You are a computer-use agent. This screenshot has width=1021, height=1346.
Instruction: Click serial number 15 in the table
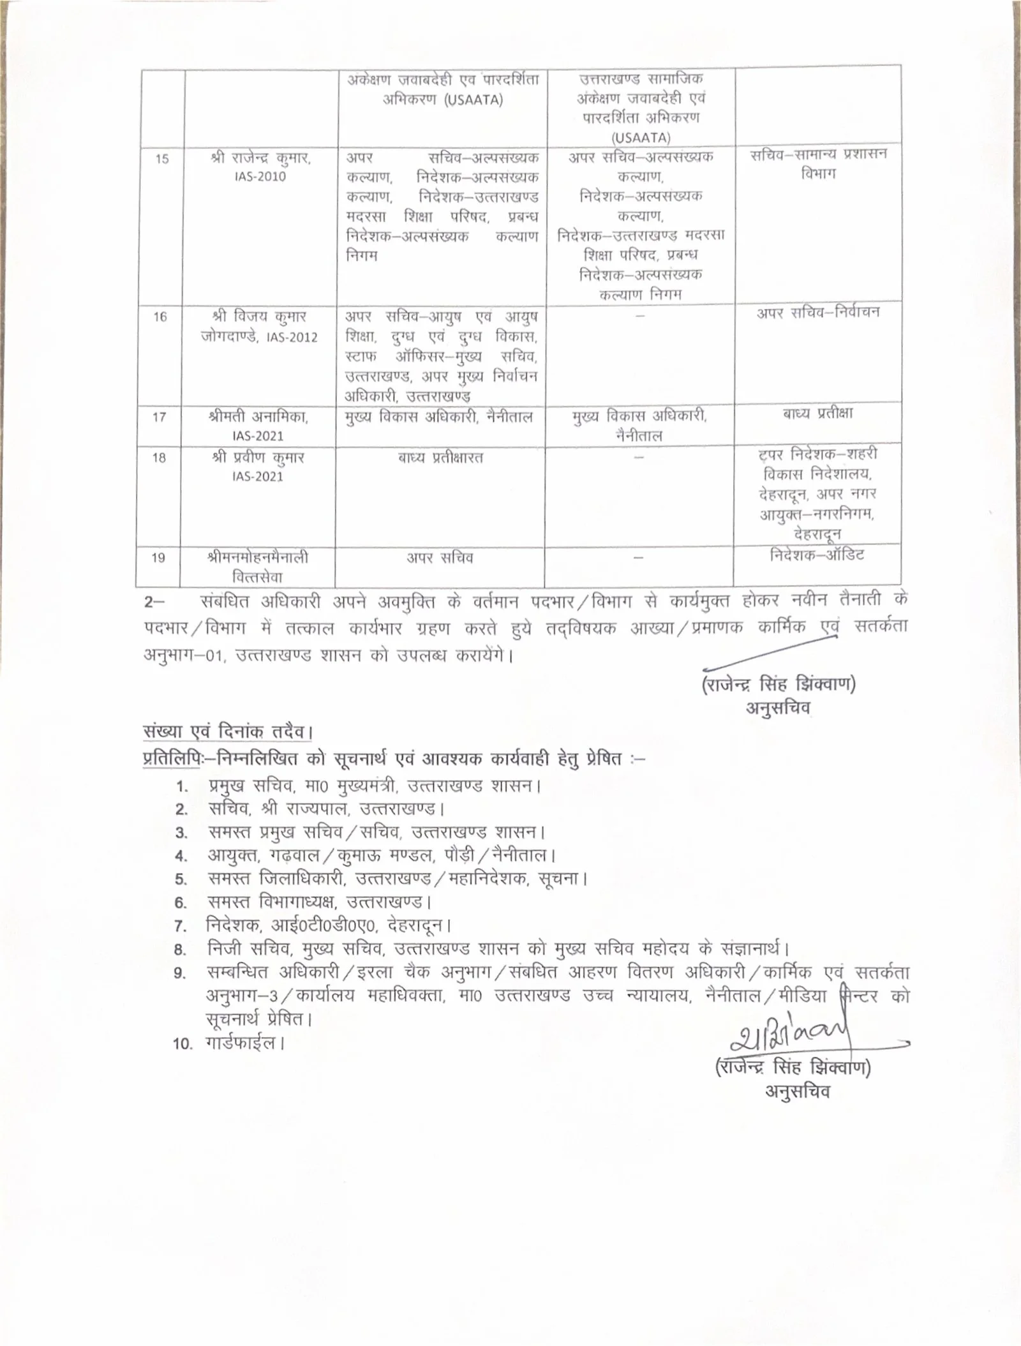pos(162,159)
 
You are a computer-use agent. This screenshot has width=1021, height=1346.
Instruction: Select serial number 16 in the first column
pos(160,317)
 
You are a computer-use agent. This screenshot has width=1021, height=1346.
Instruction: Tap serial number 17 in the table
pos(159,417)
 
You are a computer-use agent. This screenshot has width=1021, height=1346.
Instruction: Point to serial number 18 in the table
pos(159,458)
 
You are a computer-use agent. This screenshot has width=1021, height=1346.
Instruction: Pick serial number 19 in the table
pos(158,558)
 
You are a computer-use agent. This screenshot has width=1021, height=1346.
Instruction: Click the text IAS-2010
pos(259,177)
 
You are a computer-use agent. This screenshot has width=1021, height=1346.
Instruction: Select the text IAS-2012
pos(294,337)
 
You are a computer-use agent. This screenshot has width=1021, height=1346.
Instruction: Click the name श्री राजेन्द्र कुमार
pos(261,158)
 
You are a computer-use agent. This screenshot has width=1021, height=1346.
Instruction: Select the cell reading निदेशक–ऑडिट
pos(817,555)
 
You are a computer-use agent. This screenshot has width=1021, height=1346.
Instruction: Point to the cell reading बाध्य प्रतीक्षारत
pos(440,458)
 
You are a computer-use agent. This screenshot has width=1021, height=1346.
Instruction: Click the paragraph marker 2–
pos(155,602)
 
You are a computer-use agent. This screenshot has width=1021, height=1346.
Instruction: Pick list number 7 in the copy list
pos(181,927)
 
